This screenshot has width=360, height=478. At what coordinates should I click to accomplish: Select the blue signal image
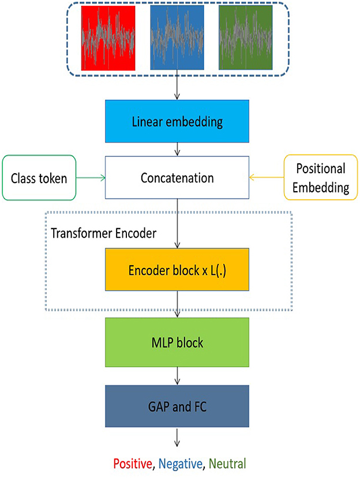click(x=177, y=39)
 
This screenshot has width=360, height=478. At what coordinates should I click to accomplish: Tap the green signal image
click(x=245, y=39)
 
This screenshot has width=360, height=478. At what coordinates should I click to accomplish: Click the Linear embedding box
click(x=177, y=122)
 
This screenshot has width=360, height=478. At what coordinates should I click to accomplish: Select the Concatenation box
click(x=177, y=178)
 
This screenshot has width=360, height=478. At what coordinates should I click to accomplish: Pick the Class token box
click(x=39, y=178)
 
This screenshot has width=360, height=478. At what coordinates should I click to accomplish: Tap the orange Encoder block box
click(x=177, y=270)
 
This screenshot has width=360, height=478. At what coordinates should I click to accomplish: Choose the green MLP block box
click(x=177, y=343)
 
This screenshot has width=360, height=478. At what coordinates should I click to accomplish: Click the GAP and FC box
click(x=177, y=408)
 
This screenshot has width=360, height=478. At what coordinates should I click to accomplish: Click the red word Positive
click(x=133, y=463)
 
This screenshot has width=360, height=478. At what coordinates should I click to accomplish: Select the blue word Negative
click(x=181, y=463)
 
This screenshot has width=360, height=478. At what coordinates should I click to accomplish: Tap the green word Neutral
click(x=228, y=463)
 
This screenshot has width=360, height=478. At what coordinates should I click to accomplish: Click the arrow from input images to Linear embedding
click(x=177, y=87)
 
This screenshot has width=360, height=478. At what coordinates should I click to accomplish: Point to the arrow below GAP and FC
click(x=177, y=440)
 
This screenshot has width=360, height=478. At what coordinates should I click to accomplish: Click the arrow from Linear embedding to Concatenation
click(x=177, y=150)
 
